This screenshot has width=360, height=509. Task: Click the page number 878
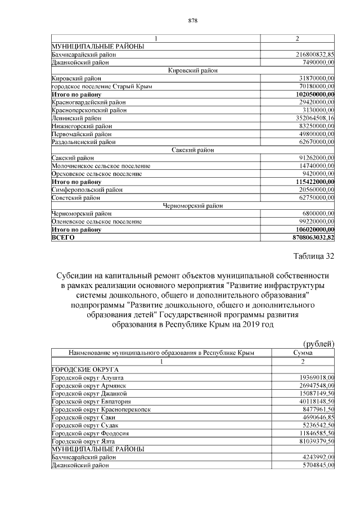tap(192, 21)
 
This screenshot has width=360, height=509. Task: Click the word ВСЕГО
tap(63, 238)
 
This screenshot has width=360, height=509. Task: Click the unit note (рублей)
tap(319, 344)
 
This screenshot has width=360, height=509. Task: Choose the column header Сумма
tap(303, 353)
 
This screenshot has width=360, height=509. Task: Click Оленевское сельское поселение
tap(96, 222)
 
